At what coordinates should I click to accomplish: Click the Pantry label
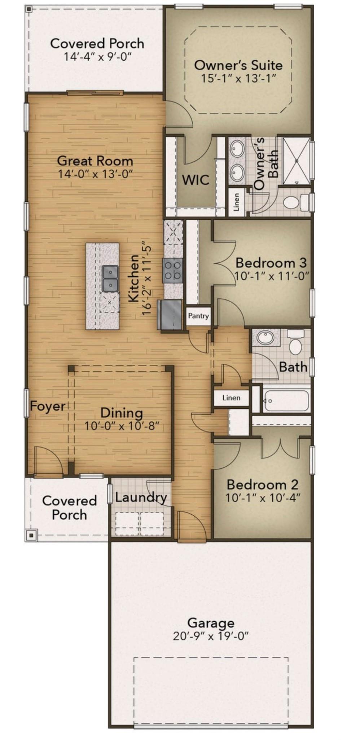coord(198,316)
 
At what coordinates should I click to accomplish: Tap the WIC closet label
coord(196,180)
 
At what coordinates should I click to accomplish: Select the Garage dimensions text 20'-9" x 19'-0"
coord(211,636)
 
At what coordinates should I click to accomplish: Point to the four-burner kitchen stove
coord(173,270)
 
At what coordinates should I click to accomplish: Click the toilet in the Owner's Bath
coord(296,202)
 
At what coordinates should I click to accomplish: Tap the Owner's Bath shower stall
coord(297,161)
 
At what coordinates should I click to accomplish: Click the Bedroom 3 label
coord(271,262)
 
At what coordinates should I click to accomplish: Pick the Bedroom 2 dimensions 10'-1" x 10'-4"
coord(263,498)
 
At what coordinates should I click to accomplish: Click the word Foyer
coord(47,406)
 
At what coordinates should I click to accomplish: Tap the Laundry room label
coord(141,498)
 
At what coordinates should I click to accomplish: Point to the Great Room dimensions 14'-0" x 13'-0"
coord(95,174)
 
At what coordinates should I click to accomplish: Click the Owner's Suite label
coord(238,65)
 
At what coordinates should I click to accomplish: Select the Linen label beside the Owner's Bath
coord(236,202)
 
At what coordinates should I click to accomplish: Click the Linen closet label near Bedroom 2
coord(231,398)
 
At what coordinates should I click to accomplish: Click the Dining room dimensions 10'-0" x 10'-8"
coord(122,426)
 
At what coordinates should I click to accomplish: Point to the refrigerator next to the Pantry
coord(170,315)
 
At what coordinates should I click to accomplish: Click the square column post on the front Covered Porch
coord(31,535)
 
